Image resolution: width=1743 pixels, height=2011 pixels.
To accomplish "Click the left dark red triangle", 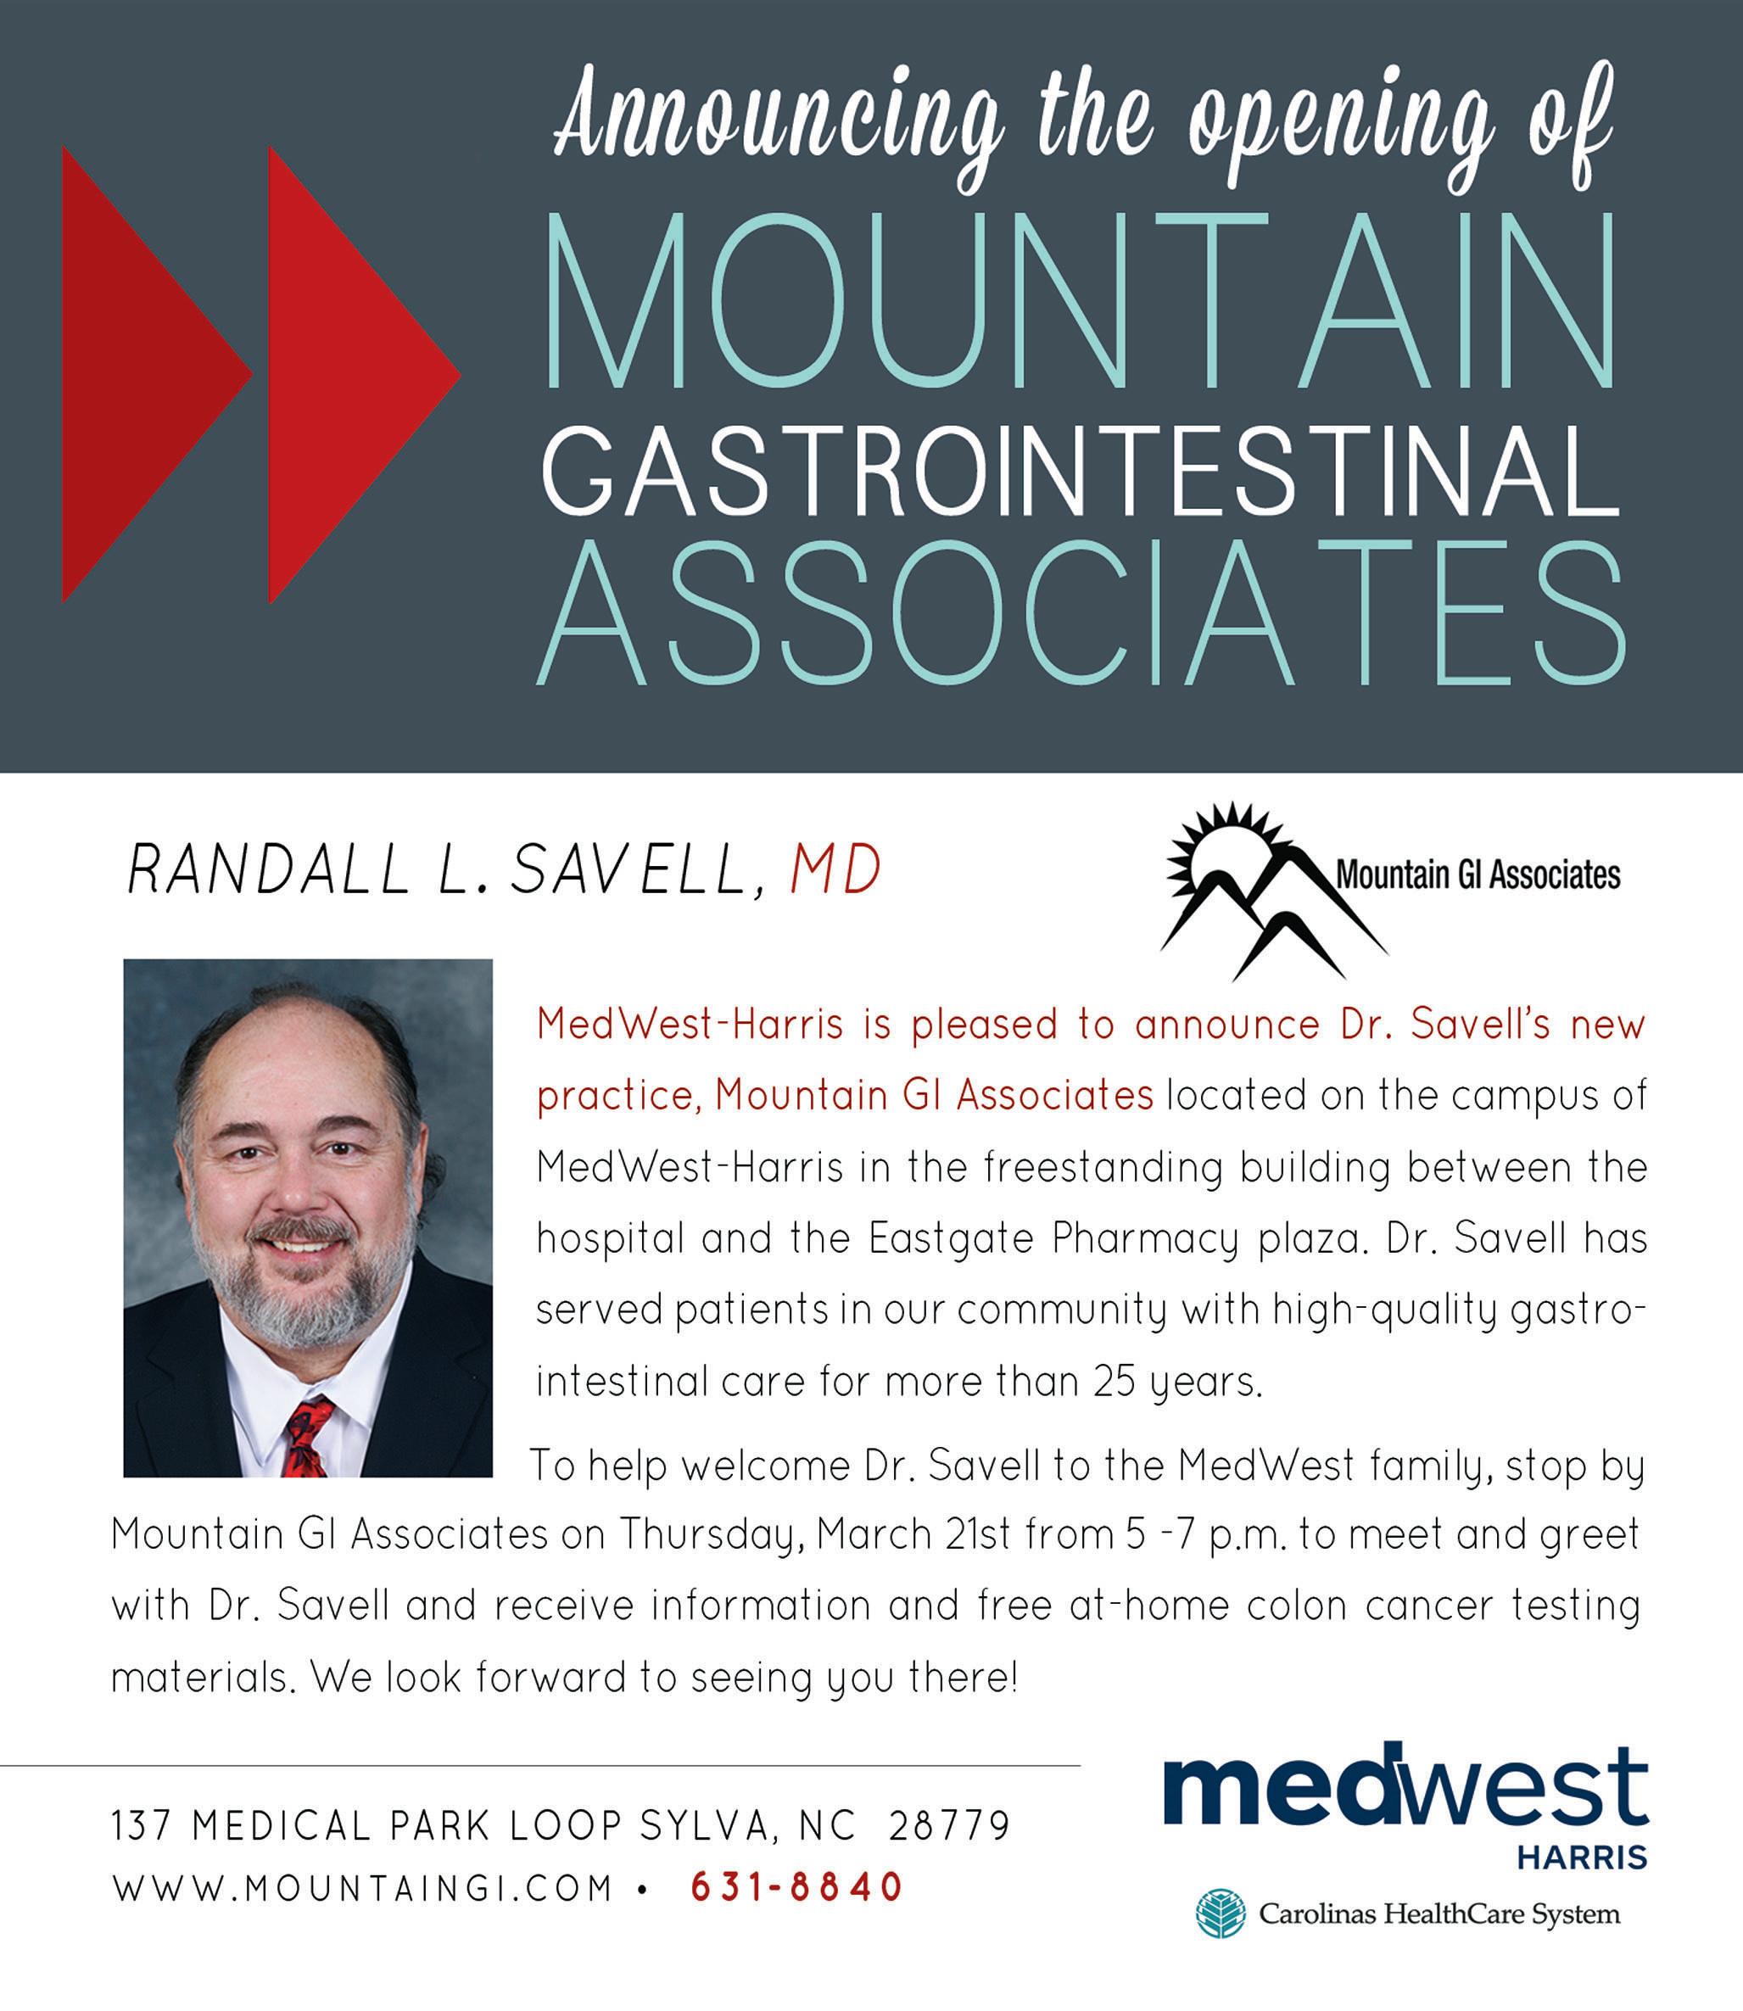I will [x=137, y=374].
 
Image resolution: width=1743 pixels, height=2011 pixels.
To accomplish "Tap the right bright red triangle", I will [x=340, y=374].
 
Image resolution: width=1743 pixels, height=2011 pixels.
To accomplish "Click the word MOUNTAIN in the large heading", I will [x=1081, y=300].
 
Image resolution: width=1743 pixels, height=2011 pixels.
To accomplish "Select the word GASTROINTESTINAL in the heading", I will [x=1080, y=478].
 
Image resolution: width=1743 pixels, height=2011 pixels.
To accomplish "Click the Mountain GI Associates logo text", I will [x=1478, y=875].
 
